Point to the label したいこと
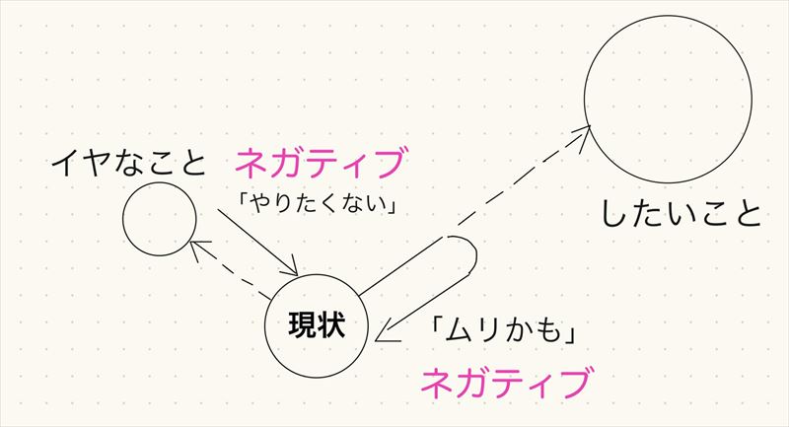681,213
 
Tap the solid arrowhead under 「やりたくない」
292,270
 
